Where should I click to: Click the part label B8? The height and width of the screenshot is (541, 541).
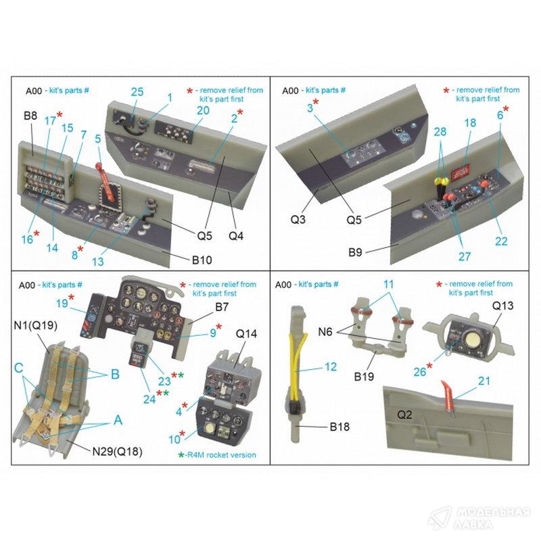(x=30, y=115)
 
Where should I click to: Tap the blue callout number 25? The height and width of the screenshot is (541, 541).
(x=137, y=92)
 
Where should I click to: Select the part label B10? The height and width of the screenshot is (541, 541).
(x=202, y=260)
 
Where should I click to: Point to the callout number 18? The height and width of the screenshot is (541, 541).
(x=470, y=123)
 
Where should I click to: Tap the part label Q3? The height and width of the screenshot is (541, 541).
(x=298, y=219)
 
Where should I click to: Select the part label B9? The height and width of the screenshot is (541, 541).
(x=355, y=252)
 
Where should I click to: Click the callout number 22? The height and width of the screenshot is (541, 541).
(x=501, y=241)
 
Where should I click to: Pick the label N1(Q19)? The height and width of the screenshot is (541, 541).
(x=36, y=325)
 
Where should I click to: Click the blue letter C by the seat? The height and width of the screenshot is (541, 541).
(x=19, y=368)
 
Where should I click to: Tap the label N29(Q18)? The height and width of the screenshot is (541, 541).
(x=117, y=451)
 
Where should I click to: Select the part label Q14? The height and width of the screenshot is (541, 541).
(x=246, y=333)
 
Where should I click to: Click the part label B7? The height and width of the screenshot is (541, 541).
(x=222, y=307)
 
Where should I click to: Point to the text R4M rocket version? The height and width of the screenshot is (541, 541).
(x=221, y=454)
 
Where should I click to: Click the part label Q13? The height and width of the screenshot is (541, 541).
(x=502, y=306)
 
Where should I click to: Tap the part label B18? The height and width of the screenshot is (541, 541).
(x=339, y=427)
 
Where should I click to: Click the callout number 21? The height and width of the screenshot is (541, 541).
(x=484, y=381)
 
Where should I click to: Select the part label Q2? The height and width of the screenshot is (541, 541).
(x=404, y=415)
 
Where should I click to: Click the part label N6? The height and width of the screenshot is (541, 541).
(x=325, y=332)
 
